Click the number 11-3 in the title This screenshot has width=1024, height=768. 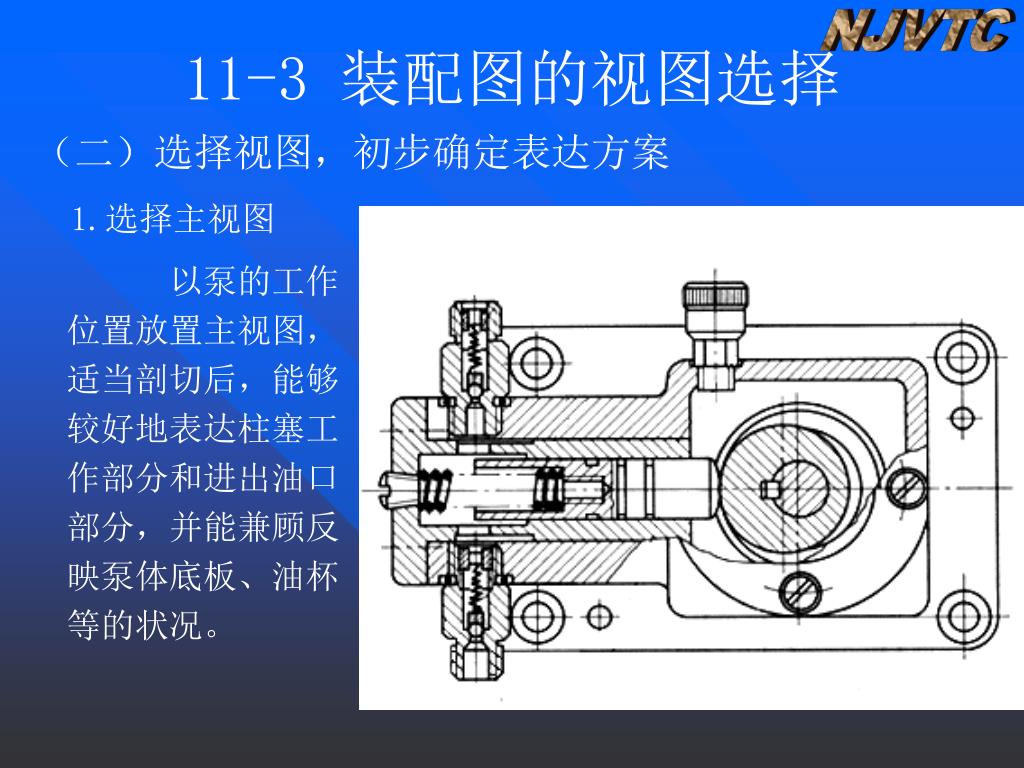(247, 79)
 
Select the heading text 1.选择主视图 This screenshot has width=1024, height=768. (173, 219)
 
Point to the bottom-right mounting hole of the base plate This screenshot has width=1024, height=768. (963, 616)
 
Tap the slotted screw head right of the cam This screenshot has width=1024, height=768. (907, 487)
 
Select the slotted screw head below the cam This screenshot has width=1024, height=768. (801, 592)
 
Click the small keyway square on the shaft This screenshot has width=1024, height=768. (769, 488)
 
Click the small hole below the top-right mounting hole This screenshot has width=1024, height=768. (962, 418)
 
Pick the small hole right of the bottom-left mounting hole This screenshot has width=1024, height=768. (599, 616)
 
